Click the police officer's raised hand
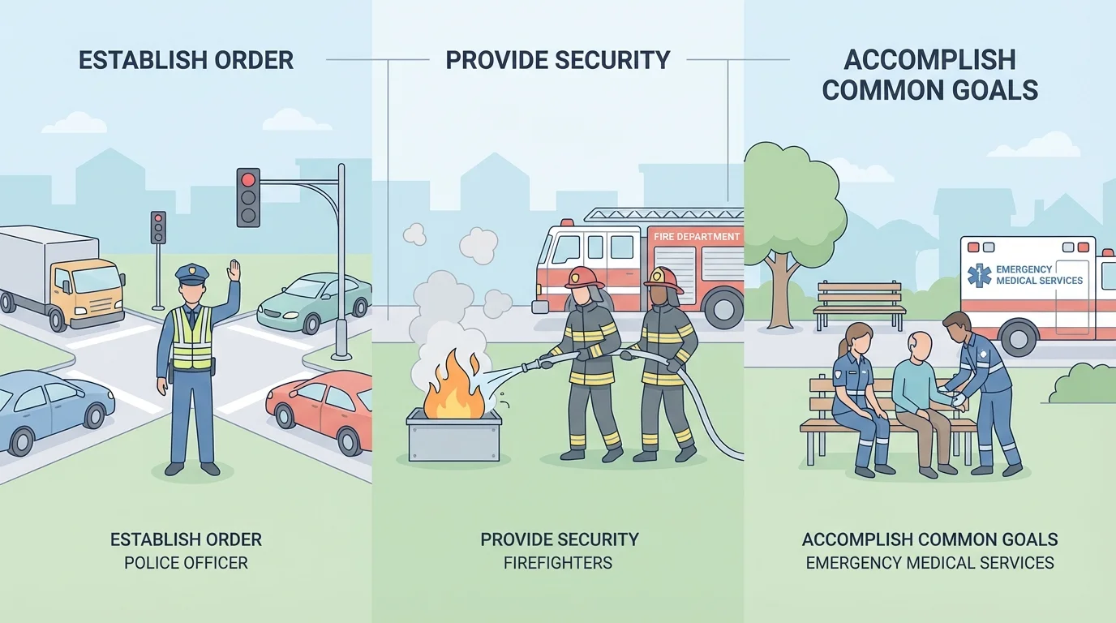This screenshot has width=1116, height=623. [234, 272]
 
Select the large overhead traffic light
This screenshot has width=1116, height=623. [248, 197]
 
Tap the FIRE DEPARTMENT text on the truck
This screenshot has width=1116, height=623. [697, 237]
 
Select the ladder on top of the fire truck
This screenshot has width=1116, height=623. [663, 215]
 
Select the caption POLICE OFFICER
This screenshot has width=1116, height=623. [186, 562]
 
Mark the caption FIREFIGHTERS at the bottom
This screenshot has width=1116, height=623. [559, 562]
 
